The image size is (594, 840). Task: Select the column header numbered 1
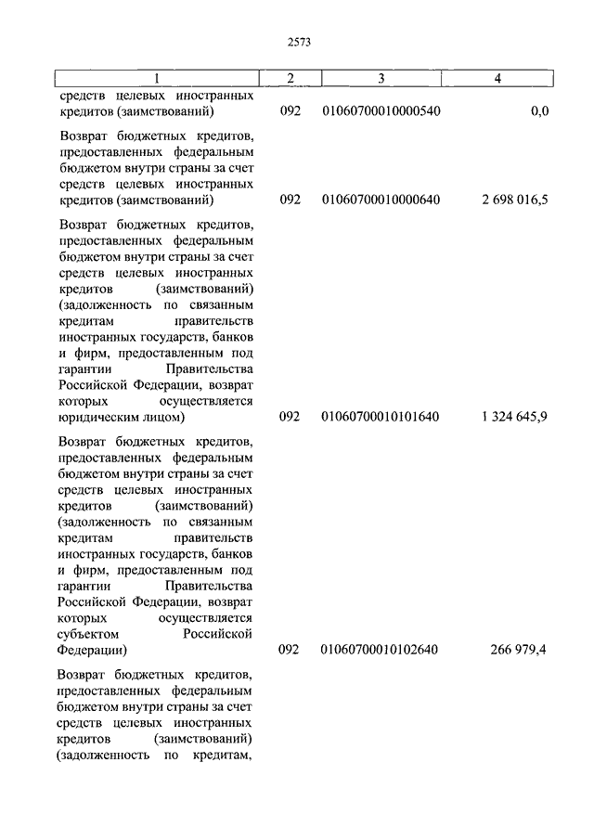[155, 79]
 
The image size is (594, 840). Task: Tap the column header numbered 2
[290, 79]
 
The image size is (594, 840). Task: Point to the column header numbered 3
[381, 79]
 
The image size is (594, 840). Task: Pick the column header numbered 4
[497, 79]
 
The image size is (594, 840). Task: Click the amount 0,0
[538, 111]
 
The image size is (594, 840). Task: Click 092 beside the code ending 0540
[290, 111]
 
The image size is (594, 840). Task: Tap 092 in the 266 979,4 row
[290, 650]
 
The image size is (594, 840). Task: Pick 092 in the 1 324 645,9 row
[290, 417]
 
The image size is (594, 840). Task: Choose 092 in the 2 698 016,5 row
[290, 200]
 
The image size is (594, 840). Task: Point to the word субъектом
[91, 633]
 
